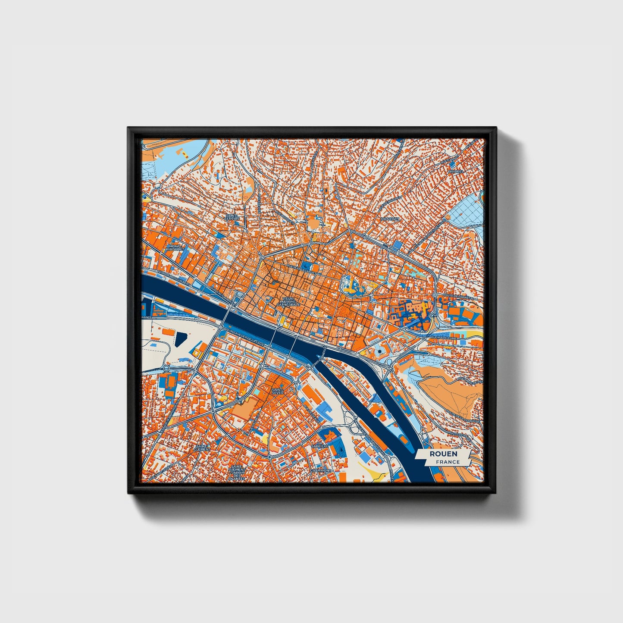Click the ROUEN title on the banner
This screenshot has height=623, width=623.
pos(443,454)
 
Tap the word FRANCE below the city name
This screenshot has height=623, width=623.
pos(448,462)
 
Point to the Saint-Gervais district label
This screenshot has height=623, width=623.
pos(232,217)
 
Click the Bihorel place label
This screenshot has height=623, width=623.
pos(455,171)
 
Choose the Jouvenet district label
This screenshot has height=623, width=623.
pos(390,219)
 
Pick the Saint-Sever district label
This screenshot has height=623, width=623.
pos(278,391)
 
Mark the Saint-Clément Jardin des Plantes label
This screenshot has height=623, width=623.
pos(237,473)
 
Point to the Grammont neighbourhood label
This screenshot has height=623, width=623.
pos(320,470)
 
